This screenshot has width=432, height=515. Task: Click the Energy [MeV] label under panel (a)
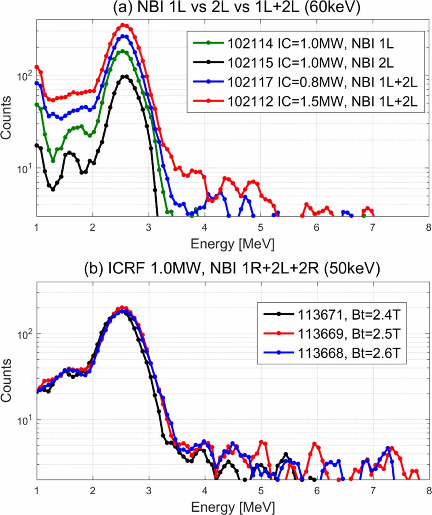pos(233,244)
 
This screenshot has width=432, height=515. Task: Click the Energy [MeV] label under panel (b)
pos(233,506)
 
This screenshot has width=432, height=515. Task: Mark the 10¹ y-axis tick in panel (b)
pos(26,420)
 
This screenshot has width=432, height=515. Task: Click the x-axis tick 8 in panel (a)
pos(428,227)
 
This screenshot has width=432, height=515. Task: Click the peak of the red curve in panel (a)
pos(123,25)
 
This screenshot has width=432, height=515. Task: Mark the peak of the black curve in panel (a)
pos(125,76)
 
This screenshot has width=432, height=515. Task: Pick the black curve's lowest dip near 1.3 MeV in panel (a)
pos(53,189)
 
